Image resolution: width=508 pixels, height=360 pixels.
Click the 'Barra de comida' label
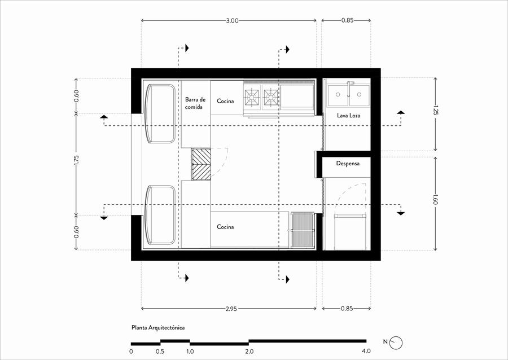coord(195,103)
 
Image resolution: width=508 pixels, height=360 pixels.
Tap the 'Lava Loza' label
coord(349,115)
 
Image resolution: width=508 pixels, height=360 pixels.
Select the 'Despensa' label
coord(348,164)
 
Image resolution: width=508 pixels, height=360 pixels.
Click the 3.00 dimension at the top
coord(232,20)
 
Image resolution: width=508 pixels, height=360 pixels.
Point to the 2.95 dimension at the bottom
coord(231,309)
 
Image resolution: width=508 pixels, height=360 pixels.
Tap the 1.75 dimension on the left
coord(76,161)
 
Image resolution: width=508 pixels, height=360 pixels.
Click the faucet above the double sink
coord(349,89)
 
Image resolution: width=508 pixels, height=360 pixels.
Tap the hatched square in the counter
coord(201,164)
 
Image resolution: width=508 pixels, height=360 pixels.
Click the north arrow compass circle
coord(396,343)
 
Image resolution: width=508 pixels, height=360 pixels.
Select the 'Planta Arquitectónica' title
coord(158,328)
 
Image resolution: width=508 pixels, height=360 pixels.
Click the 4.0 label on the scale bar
coord(366,352)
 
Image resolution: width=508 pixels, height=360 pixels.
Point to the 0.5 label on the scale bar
coord(160,352)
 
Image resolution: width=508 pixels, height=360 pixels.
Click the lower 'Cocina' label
coord(225,227)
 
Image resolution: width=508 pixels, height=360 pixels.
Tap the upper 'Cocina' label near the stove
coord(225,102)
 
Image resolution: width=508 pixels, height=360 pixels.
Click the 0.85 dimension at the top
coord(347,20)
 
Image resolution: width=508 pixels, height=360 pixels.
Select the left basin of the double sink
coord(338,95)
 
